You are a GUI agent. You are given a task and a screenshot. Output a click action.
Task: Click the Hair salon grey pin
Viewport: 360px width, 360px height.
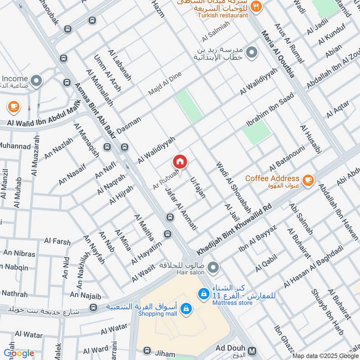click(x=213, y=267)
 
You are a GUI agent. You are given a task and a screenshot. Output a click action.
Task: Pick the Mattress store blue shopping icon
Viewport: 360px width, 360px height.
click(x=204, y=293)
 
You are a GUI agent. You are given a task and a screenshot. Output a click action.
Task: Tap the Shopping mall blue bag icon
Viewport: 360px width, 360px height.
click(x=185, y=309)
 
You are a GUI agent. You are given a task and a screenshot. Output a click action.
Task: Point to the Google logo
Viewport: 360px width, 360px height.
click(x=18, y=353)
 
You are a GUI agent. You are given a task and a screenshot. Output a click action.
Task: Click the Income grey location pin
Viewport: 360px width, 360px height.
click(x=36, y=81)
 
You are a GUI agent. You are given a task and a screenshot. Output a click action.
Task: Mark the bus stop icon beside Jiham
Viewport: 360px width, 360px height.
click(x=147, y=351)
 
